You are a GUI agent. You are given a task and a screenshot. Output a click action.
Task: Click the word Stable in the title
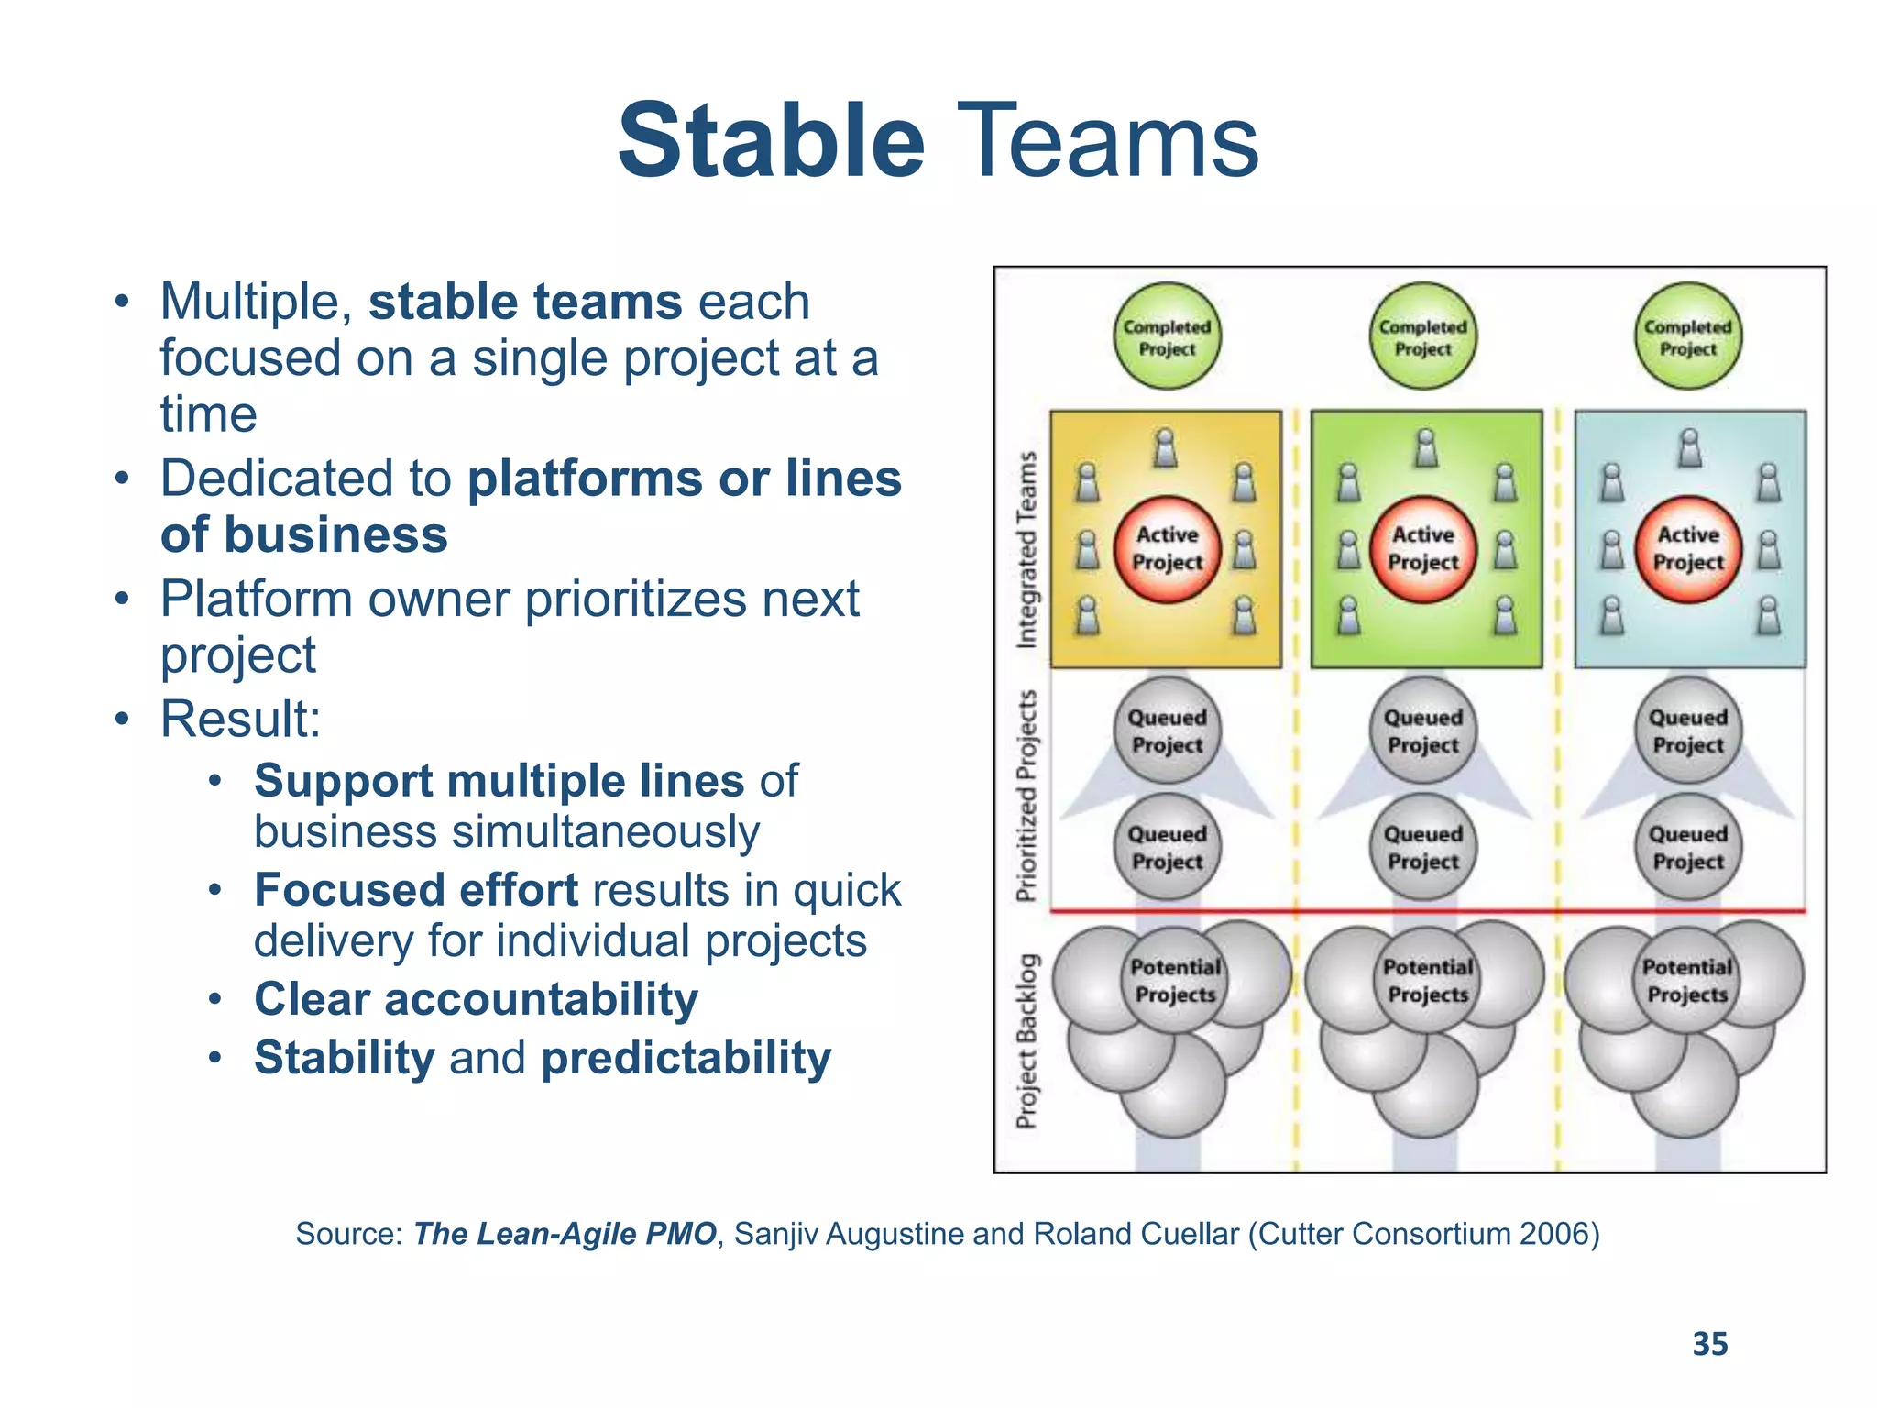point(771,141)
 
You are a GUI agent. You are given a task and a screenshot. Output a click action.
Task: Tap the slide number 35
point(1709,1344)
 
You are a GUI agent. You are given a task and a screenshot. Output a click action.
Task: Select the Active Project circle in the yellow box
point(1167,549)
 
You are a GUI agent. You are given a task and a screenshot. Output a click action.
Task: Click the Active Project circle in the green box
point(1422,549)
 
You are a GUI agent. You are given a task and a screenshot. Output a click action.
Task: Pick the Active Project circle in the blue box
point(1688,549)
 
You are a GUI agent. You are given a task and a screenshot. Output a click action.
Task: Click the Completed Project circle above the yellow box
point(1167,336)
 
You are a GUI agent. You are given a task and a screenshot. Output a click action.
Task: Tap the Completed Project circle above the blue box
point(1688,336)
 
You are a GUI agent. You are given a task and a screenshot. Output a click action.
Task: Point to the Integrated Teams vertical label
point(1027,550)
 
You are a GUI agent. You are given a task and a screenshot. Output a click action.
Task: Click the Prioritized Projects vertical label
point(1027,795)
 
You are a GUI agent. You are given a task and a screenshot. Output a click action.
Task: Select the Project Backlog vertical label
point(1027,1040)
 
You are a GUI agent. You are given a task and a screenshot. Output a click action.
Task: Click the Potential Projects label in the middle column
point(1428,981)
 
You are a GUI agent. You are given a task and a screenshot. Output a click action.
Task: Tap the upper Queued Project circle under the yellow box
point(1167,731)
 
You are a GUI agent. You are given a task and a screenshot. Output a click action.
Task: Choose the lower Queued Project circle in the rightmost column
point(1688,847)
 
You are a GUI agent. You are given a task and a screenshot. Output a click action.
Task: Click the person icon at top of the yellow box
point(1165,448)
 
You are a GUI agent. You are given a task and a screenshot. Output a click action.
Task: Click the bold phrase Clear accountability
point(476,998)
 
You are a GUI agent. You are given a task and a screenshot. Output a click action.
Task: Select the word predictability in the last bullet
point(686,1058)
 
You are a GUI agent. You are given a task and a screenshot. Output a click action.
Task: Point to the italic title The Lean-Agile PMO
point(565,1234)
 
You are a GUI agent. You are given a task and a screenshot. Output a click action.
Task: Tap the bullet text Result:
point(240,719)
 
